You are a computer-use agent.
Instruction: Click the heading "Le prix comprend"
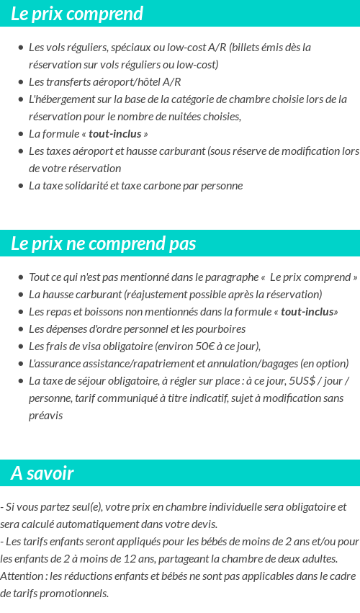click(77, 14)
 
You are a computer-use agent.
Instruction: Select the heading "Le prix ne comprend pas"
click(103, 243)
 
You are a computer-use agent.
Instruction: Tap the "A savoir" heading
click(42, 473)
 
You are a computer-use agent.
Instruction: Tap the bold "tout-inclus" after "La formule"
click(115, 134)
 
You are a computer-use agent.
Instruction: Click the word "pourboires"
click(218, 329)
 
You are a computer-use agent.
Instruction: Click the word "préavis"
click(45, 416)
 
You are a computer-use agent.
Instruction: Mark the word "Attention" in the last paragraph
click(21, 576)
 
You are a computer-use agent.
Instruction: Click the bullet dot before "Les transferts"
click(20, 82)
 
